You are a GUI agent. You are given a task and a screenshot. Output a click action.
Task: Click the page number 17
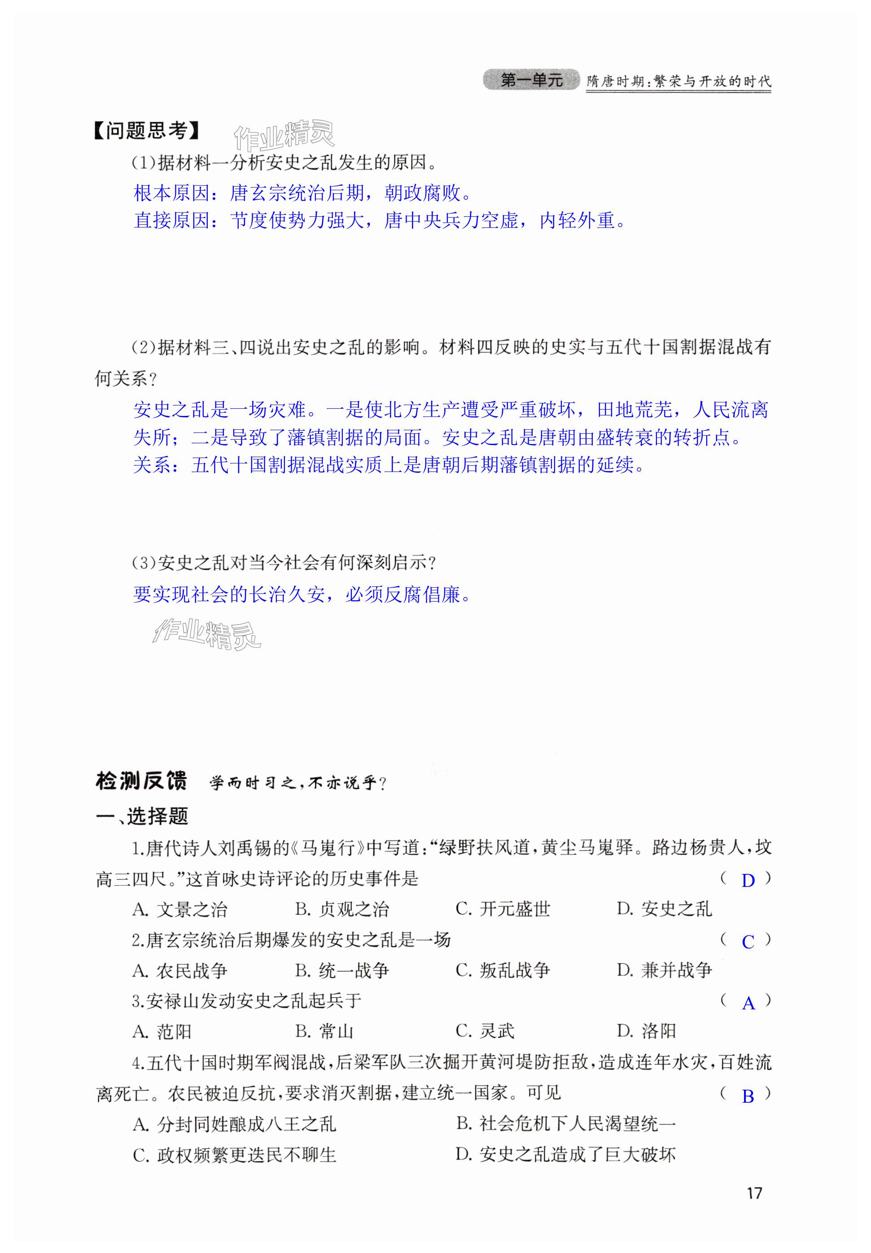pyautogui.click(x=754, y=1193)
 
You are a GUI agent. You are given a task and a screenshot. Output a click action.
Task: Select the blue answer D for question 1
pyautogui.click(x=748, y=881)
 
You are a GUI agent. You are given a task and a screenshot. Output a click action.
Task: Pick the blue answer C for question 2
pyautogui.click(x=748, y=942)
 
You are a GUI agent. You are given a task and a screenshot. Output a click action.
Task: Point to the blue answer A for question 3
pyautogui.click(x=748, y=1003)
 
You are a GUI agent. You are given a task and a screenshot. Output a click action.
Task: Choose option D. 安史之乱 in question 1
pyautogui.click(x=664, y=909)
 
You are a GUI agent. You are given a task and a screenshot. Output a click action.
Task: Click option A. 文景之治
pyautogui.click(x=179, y=909)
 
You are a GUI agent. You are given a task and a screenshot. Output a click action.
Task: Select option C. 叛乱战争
pyautogui.click(x=503, y=970)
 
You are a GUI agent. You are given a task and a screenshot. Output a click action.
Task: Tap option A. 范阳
pyautogui.click(x=162, y=1031)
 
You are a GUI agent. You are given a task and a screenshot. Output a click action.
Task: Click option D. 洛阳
pyautogui.click(x=646, y=1031)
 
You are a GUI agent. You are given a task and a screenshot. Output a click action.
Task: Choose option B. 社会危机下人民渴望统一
pyautogui.click(x=565, y=1124)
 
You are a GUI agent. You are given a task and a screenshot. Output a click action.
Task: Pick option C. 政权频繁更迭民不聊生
pyautogui.click(x=234, y=1155)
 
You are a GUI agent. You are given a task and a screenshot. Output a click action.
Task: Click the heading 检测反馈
pyautogui.click(x=141, y=781)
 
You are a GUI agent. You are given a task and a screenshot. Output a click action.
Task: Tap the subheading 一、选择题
pyautogui.click(x=142, y=816)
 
